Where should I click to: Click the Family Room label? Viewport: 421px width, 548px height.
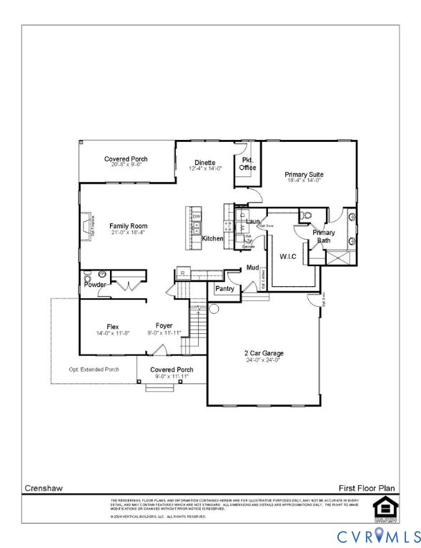click(x=128, y=226)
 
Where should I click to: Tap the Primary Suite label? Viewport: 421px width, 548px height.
click(x=304, y=174)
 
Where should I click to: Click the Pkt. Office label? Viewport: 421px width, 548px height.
click(x=247, y=163)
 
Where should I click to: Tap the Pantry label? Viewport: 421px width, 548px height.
click(x=225, y=289)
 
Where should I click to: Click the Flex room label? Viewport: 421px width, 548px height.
click(x=112, y=326)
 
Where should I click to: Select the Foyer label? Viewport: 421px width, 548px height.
click(x=164, y=326)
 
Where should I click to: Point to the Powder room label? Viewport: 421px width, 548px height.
click(x=96, y=285)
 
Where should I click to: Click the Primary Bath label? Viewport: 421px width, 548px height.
click(x=324, y=236)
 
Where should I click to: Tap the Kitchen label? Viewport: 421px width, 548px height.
click(x=213, y=238)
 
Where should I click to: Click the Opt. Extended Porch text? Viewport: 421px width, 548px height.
click(x=94, y=369)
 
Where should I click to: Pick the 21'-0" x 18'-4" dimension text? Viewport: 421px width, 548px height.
click(x=128, y=233)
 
